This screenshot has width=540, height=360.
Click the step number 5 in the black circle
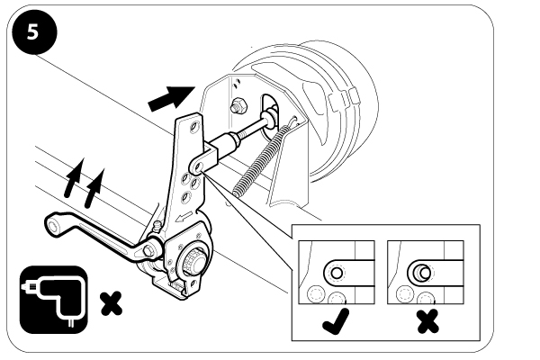point(32,32)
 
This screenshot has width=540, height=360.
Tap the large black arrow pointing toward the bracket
point(171,98)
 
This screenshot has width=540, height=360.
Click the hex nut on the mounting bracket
point(239,105)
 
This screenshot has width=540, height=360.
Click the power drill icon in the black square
point(54,300)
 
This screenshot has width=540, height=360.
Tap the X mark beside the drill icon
point(111,303)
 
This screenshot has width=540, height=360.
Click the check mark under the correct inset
point(336,321)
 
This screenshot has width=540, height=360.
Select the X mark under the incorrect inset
point(427,321)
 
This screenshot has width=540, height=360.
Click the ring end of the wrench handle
point(54,225)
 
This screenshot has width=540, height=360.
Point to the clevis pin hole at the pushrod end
point(198,166)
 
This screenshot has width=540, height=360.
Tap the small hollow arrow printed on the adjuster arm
point(184,217)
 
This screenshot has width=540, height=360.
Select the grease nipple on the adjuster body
point(157,227)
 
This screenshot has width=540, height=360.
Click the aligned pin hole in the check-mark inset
point(337,274)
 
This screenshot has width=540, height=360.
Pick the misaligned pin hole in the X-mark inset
point(423,273)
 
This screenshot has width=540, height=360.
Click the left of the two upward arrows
point(74,177)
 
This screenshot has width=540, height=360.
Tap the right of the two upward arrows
point(94,188)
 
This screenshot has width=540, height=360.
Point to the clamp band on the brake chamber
point(343,99)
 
